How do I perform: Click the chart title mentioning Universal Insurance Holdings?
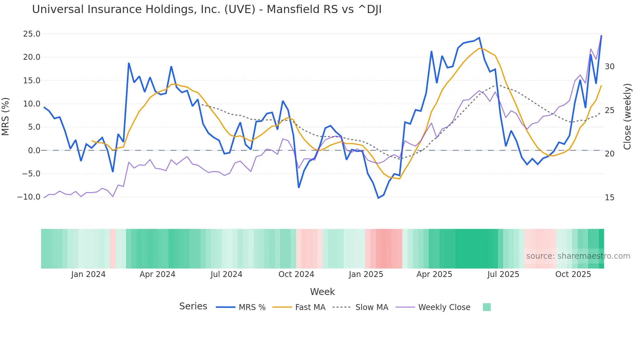coord(206,9)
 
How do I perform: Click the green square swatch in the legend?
coord(487,307)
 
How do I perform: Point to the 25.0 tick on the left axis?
coord(32,34)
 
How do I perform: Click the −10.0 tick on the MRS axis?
coord(29,197)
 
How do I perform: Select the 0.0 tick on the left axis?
coord(34,151)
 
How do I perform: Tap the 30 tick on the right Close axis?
coord(609,67)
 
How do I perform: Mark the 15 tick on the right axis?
coord(609,198)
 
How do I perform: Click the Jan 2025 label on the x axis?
coord(366,274)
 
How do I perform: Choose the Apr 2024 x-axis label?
coord(157,274)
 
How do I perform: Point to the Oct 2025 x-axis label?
coord(573,274)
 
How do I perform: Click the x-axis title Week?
coord(322,292)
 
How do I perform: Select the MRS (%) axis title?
coord(6,116)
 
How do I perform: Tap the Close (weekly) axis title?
coord(627,116)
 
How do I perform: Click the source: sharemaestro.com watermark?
coord(578,256)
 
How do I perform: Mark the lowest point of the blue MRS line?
coord(378,198)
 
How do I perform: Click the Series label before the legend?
coord(193,306)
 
